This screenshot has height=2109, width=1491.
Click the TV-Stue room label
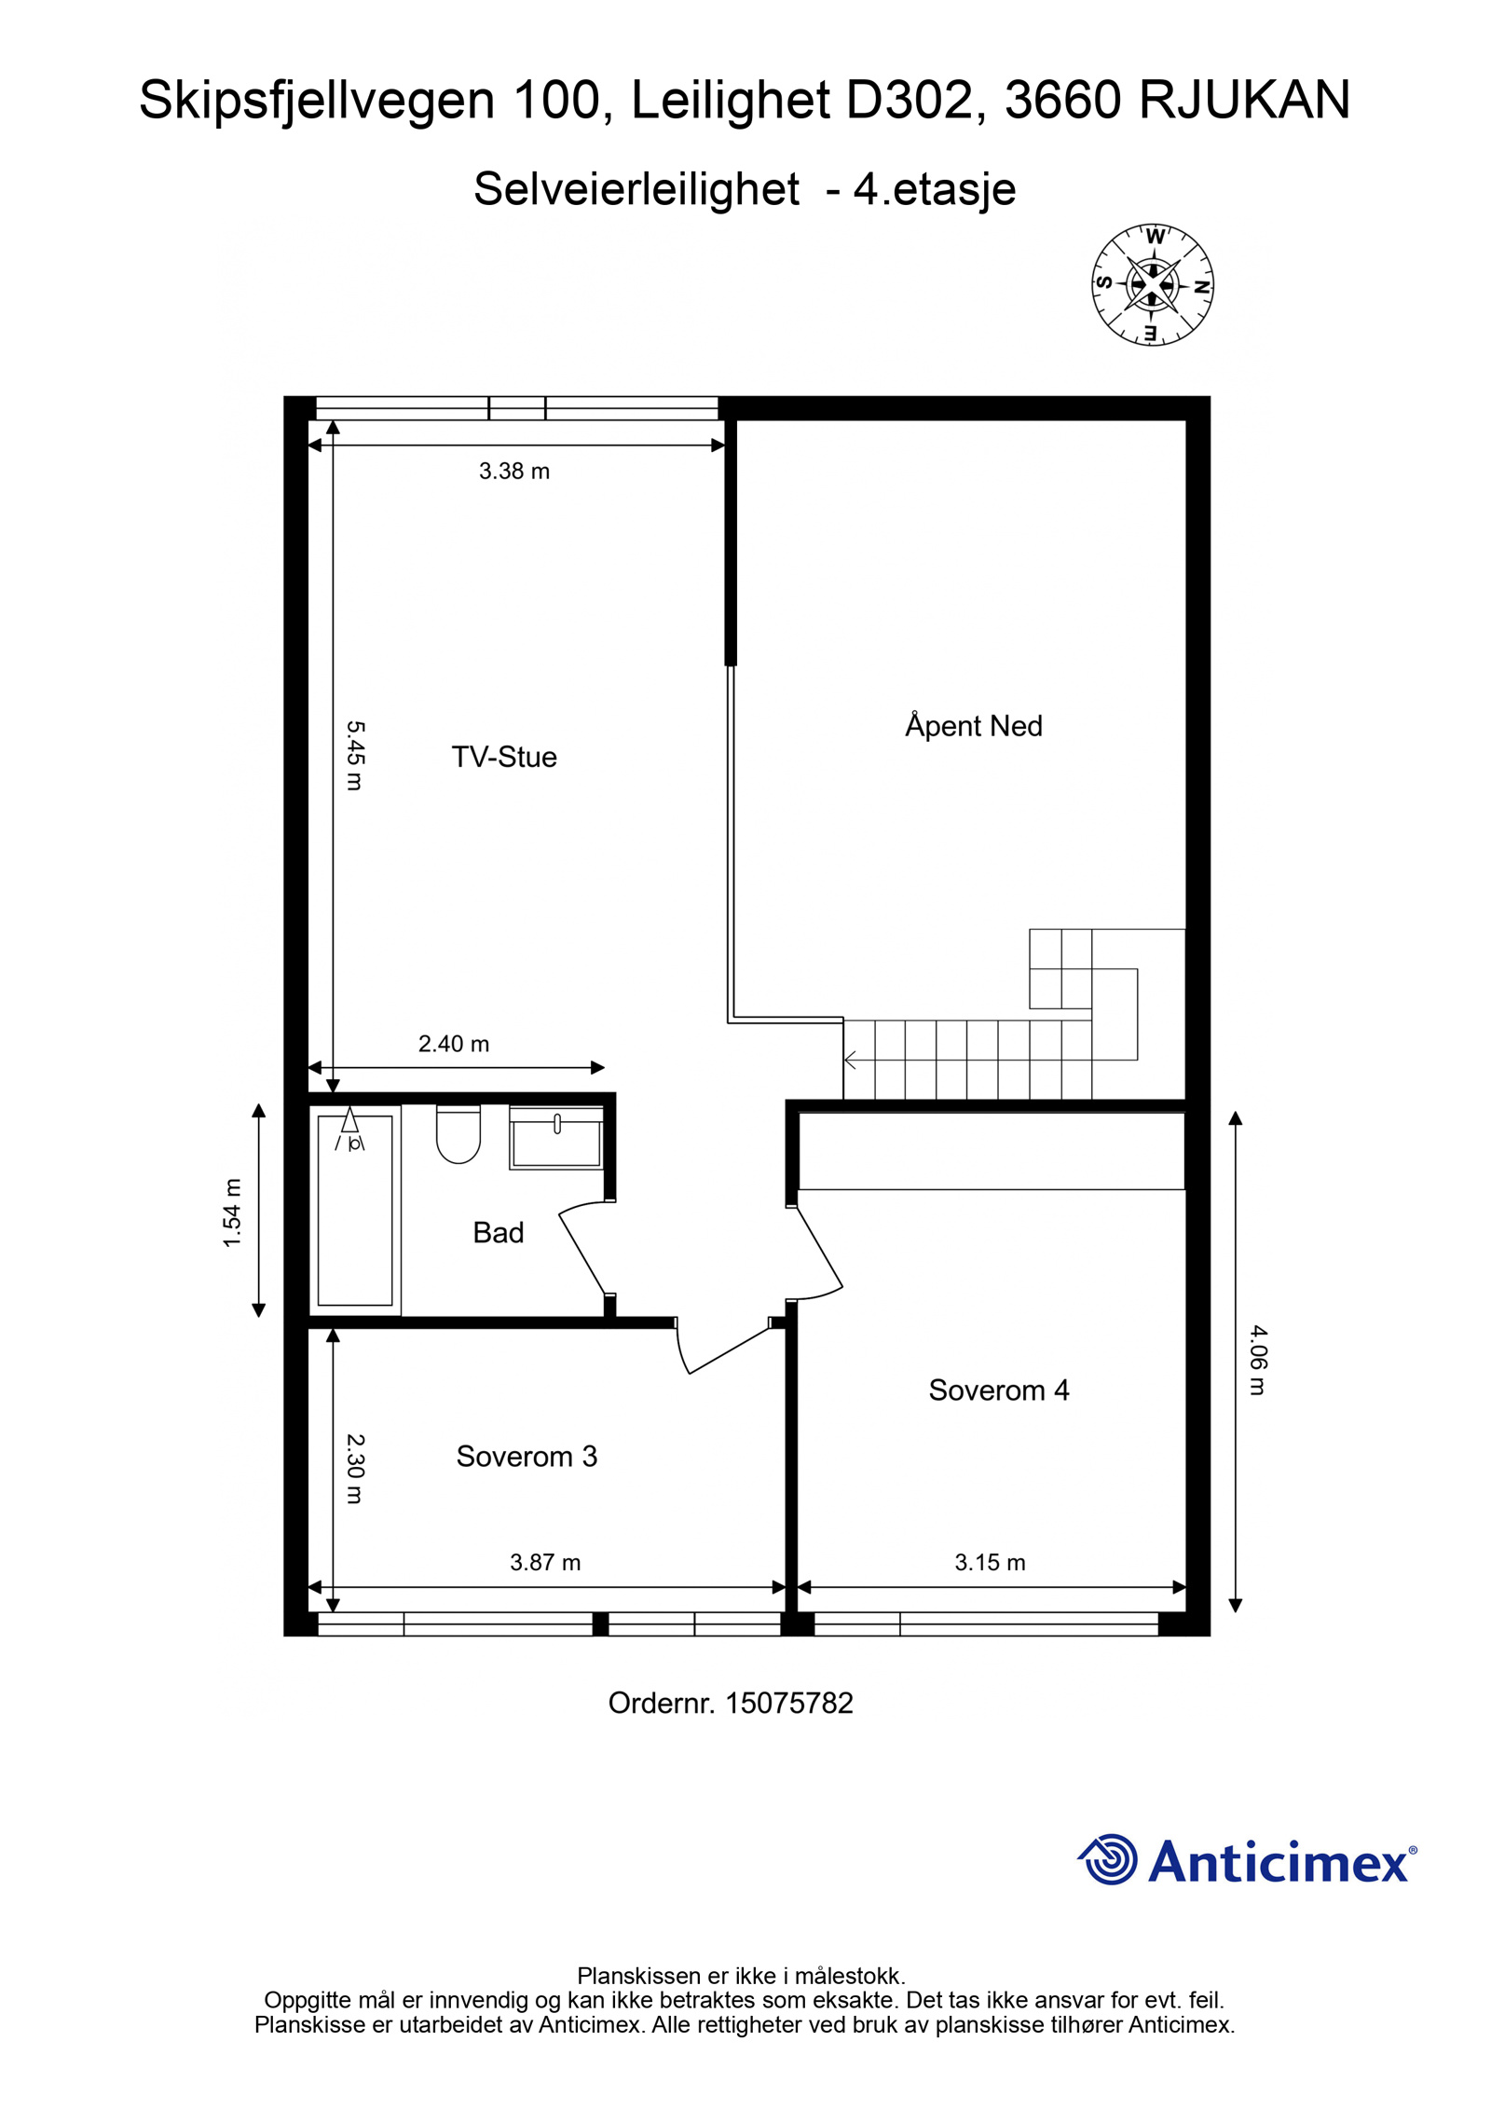point(504,757)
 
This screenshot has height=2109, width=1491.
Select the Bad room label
point(499,1232)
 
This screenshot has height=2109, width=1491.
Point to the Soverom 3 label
point(527,1456)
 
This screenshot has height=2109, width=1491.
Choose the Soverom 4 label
point(999,1390)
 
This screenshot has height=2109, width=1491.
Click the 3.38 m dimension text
point(514,471)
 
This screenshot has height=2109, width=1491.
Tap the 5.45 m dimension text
point(355,755)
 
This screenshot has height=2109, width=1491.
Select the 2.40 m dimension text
point(454,1044)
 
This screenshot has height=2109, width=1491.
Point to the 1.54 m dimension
point(232,1212)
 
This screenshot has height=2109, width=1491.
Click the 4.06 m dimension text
point(1258,1360)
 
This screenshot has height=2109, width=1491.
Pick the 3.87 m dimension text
point(545,1562)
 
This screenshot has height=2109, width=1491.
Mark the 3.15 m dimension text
point(990,1562)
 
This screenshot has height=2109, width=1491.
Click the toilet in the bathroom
point(458,1133)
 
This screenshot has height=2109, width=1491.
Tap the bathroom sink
point(556,1137)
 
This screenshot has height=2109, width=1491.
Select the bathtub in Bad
point(355,1210)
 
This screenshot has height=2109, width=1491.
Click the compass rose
point(1153,284)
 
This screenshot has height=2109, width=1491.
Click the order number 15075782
point(789,1703)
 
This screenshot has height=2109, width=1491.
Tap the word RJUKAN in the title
point(1244,100)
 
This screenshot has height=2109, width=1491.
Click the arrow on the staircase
point(850,1060)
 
